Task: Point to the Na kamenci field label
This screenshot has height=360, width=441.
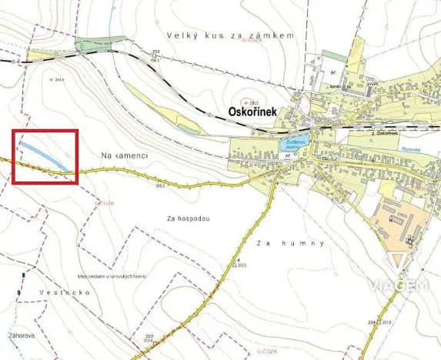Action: point(124,155)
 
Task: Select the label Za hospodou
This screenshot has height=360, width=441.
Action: point(188,218)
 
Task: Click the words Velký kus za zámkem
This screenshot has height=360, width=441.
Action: point(230,35)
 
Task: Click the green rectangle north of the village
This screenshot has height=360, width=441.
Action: point(335,55)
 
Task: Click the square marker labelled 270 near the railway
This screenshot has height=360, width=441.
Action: point(157,55)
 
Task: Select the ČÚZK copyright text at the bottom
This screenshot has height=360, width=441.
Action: point(269,351)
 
